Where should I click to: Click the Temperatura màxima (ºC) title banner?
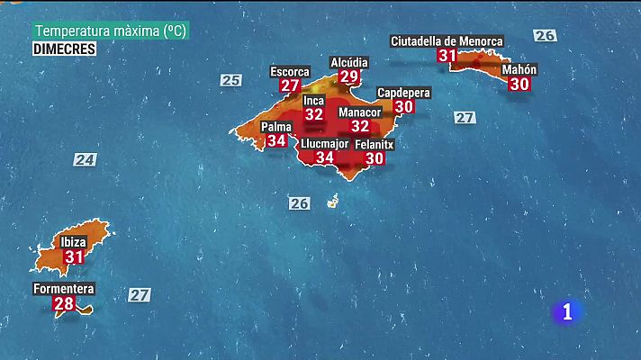click(112, 31)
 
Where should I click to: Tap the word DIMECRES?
click(65, 49)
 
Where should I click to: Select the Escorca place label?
click(290, 71)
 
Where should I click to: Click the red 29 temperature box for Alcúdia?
click(349, 77)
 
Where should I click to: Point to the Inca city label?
click(313, 100)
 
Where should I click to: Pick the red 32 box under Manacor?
click(360, 127)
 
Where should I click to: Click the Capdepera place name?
click(403, 93)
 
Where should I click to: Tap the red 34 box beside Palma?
click(276, 140)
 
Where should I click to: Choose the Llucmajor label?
click(325, 143)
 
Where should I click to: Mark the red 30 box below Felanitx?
click(374, 158)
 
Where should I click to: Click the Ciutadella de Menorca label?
click(447, 40)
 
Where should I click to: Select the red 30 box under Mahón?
click(519, 84)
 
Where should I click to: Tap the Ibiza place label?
click(73, 242)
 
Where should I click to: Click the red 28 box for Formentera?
click(64, 304)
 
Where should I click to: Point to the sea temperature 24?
click(85, 160)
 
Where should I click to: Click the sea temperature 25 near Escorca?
click(231, 80)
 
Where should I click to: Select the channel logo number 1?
click(567, 312)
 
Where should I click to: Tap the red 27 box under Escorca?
click(290, 85)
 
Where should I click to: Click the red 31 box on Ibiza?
click(73, 257)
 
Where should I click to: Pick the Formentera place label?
click(63, 289)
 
